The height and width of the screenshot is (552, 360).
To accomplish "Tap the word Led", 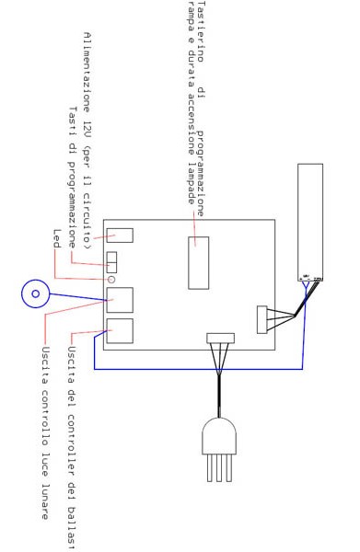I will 56,238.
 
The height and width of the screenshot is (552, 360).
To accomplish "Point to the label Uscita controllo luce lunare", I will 43,432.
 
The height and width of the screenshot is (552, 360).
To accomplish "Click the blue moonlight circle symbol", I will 35,293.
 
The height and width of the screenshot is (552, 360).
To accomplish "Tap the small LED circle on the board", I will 112,279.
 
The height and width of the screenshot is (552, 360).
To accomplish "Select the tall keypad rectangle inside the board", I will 198,262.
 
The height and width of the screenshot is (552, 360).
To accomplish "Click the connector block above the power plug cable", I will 221,338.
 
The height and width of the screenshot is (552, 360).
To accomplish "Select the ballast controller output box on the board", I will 120,331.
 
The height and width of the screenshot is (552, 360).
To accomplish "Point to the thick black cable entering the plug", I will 218,396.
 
